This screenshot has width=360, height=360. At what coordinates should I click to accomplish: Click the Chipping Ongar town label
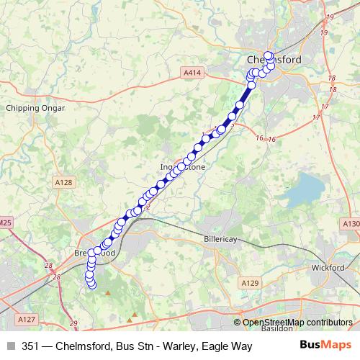click(x=35, y=108)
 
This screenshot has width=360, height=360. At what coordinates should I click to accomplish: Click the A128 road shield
click(x=64, y=183)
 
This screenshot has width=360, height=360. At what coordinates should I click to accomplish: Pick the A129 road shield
click(x=249, y=284)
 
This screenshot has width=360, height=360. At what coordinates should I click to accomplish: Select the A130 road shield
click(x=351, y=224)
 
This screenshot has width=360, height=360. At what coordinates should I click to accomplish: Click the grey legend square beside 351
click(x=10, y=346)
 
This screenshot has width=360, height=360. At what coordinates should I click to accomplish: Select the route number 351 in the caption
click(x=31, y=346)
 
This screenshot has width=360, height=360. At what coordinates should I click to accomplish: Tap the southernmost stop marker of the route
click(x=91, y=284)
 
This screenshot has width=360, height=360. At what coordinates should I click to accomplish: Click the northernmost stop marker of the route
click(x=269, y=55)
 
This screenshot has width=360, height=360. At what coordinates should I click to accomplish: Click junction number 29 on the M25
click(x=73, y=323)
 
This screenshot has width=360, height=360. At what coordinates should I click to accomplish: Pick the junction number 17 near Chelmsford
click(x=315, y=117)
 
